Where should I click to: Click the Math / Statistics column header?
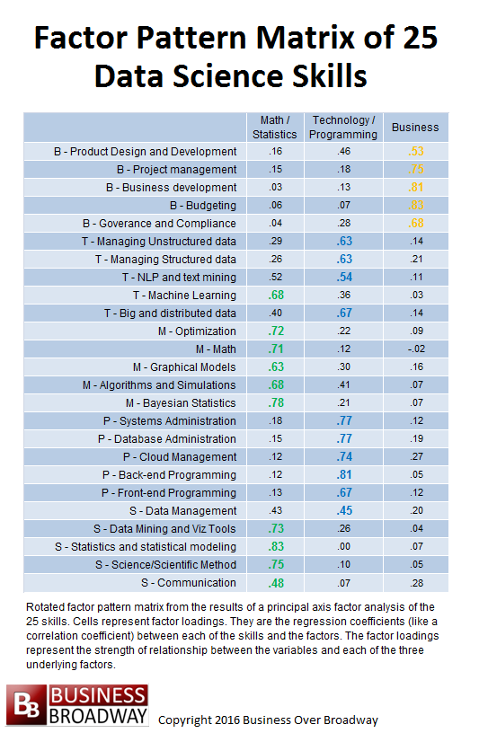click(x=275, y=128)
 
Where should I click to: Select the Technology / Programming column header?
click(x=343, y=128)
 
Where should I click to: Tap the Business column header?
click(x=415, y=128)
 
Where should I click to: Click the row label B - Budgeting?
click(x=203, y=205)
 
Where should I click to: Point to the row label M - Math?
click(x=216, y=349)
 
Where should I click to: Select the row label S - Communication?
click(x=189, y=583)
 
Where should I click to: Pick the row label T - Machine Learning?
click(x=184, y=296)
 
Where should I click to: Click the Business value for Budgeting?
click(x=415, y=205)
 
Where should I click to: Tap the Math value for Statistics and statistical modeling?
click(x=276, y=546)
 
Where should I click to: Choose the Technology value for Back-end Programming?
click(x=344, y=475)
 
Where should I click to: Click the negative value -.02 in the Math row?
click(x=415, y=349)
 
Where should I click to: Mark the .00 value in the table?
click(x=344, y=546)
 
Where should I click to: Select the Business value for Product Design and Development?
click(x=415, y=152)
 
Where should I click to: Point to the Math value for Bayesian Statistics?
click(x=276, y=403)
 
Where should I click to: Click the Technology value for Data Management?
click(x=344, y=511)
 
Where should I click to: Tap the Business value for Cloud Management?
click(x=416, y=456)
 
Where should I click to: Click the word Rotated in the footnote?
click(x=44, y=607)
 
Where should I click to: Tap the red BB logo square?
click(x=26, y=704)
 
